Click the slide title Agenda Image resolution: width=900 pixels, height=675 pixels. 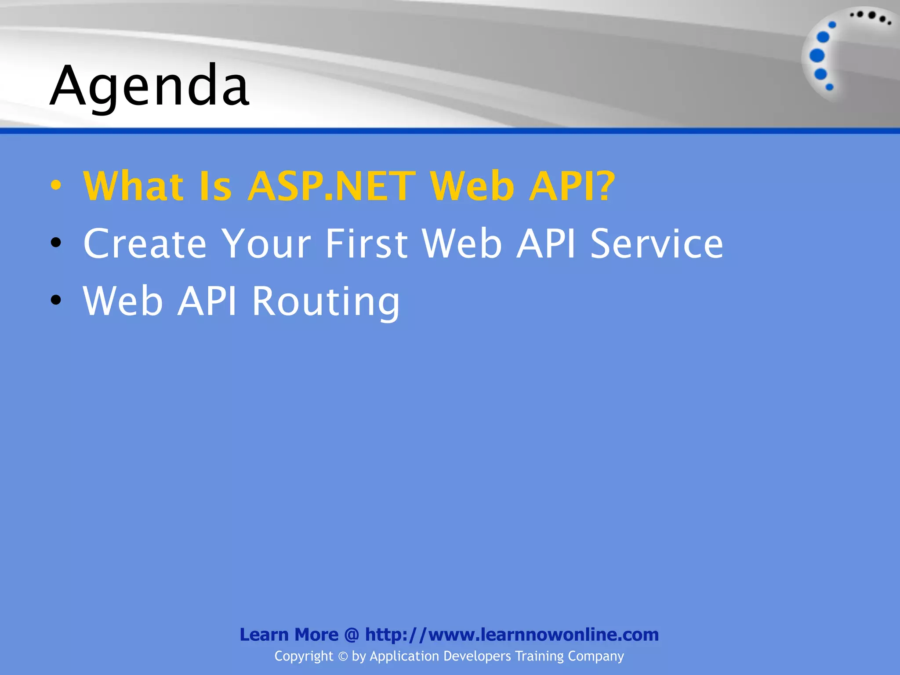point(149,86)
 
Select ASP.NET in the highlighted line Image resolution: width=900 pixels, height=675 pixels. point(332,186)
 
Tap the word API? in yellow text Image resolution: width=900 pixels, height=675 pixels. point(572,186)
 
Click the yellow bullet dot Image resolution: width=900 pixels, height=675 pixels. point(56,185)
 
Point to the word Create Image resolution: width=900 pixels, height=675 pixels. point(145,243)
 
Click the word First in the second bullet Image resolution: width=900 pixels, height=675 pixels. point(367,243)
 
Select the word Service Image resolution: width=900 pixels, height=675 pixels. point(657,243)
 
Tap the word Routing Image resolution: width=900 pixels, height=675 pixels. point(326,301)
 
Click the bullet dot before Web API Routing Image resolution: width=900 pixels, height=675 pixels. point(56,300)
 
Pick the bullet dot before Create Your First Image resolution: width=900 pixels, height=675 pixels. point(56,242)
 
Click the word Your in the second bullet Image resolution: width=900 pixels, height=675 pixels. point(266,243)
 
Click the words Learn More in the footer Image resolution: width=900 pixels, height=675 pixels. point(289,635)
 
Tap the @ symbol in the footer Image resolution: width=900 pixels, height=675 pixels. point(352,635)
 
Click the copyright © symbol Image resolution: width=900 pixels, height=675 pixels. point(343,657)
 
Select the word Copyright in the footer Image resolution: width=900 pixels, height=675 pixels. point(304,656)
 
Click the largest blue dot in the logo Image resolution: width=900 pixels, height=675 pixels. point(817,56)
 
